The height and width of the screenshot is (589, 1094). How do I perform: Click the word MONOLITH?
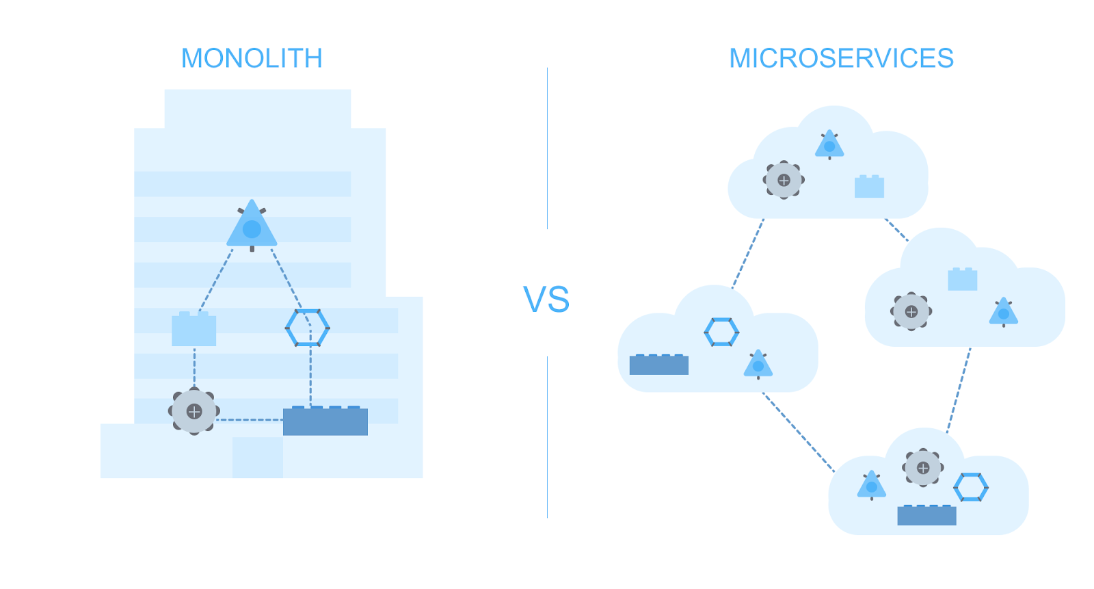[x=252, y=59]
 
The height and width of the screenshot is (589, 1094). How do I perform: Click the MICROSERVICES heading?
[x=841, y=59]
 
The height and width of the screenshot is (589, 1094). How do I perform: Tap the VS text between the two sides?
[x=546, y=300]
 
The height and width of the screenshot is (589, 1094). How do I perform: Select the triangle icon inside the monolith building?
[x=252, y=226]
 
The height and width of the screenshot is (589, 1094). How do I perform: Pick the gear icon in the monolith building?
[x=194, y=411]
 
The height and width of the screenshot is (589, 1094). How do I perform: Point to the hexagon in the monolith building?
[x=307, y=328]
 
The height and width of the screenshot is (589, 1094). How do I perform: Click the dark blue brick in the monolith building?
[x=325, y=421]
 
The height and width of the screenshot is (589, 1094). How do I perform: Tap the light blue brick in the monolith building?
[x=194, y=330]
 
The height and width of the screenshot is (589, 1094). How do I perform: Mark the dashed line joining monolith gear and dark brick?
[x=250, y=419]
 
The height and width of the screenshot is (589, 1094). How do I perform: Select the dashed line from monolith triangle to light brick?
[x=216, y=280]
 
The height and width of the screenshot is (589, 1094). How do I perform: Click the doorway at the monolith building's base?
[x=258, y=458]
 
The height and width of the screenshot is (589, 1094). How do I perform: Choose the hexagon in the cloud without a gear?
[x=721, y=332]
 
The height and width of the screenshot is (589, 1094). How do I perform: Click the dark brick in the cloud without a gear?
[x=658, y=365]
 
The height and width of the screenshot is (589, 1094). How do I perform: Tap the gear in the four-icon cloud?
[x=923, y=468]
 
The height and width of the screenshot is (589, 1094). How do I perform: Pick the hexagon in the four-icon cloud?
[x=971, y=488]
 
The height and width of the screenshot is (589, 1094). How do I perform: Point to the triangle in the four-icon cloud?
[x=871, y=486]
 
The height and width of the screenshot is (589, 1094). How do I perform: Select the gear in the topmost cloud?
[x=784, y=180]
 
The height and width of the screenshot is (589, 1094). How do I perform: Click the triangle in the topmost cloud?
[x=829, y=145]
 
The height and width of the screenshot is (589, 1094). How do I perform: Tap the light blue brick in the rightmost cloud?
[x=962, y=280]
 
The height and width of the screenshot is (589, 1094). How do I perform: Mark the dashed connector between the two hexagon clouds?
[x=798, y=432]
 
